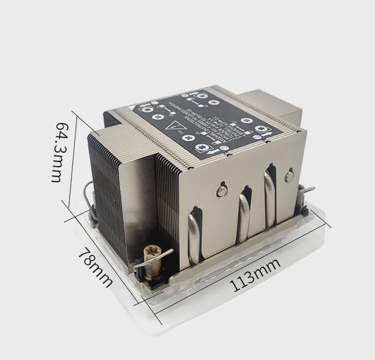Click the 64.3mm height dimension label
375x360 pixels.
click(x=59, y=152)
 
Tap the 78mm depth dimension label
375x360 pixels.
click(x=95, y=266)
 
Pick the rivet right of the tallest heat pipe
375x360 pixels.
click(x=290, y=176)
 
